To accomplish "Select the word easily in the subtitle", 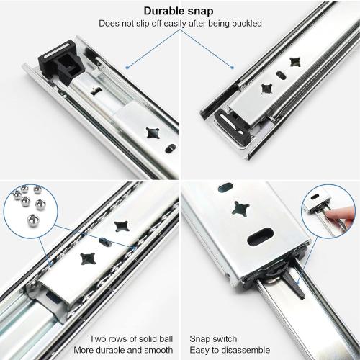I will click(170, 24).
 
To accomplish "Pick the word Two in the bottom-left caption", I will click(97, 338).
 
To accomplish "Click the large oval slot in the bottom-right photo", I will click(261, 235).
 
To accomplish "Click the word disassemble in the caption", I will click(237, 350).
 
